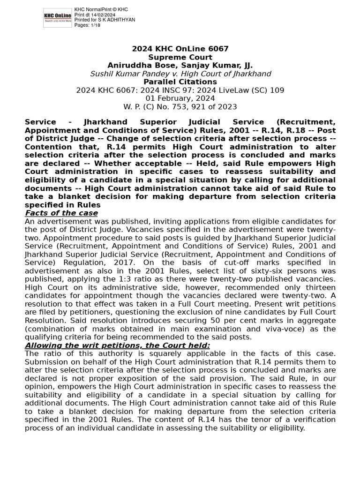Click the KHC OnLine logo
(x=58, y=18)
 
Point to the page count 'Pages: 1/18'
(x=87, y=25)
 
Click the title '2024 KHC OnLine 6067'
(x=180, y=49)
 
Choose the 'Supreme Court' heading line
(x=180, y=58)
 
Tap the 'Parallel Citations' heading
(x=180, y=82)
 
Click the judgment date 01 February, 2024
(x=180, y=98)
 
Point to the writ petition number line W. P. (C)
(x=180, y=107)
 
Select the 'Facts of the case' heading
(x=61, y=213)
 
